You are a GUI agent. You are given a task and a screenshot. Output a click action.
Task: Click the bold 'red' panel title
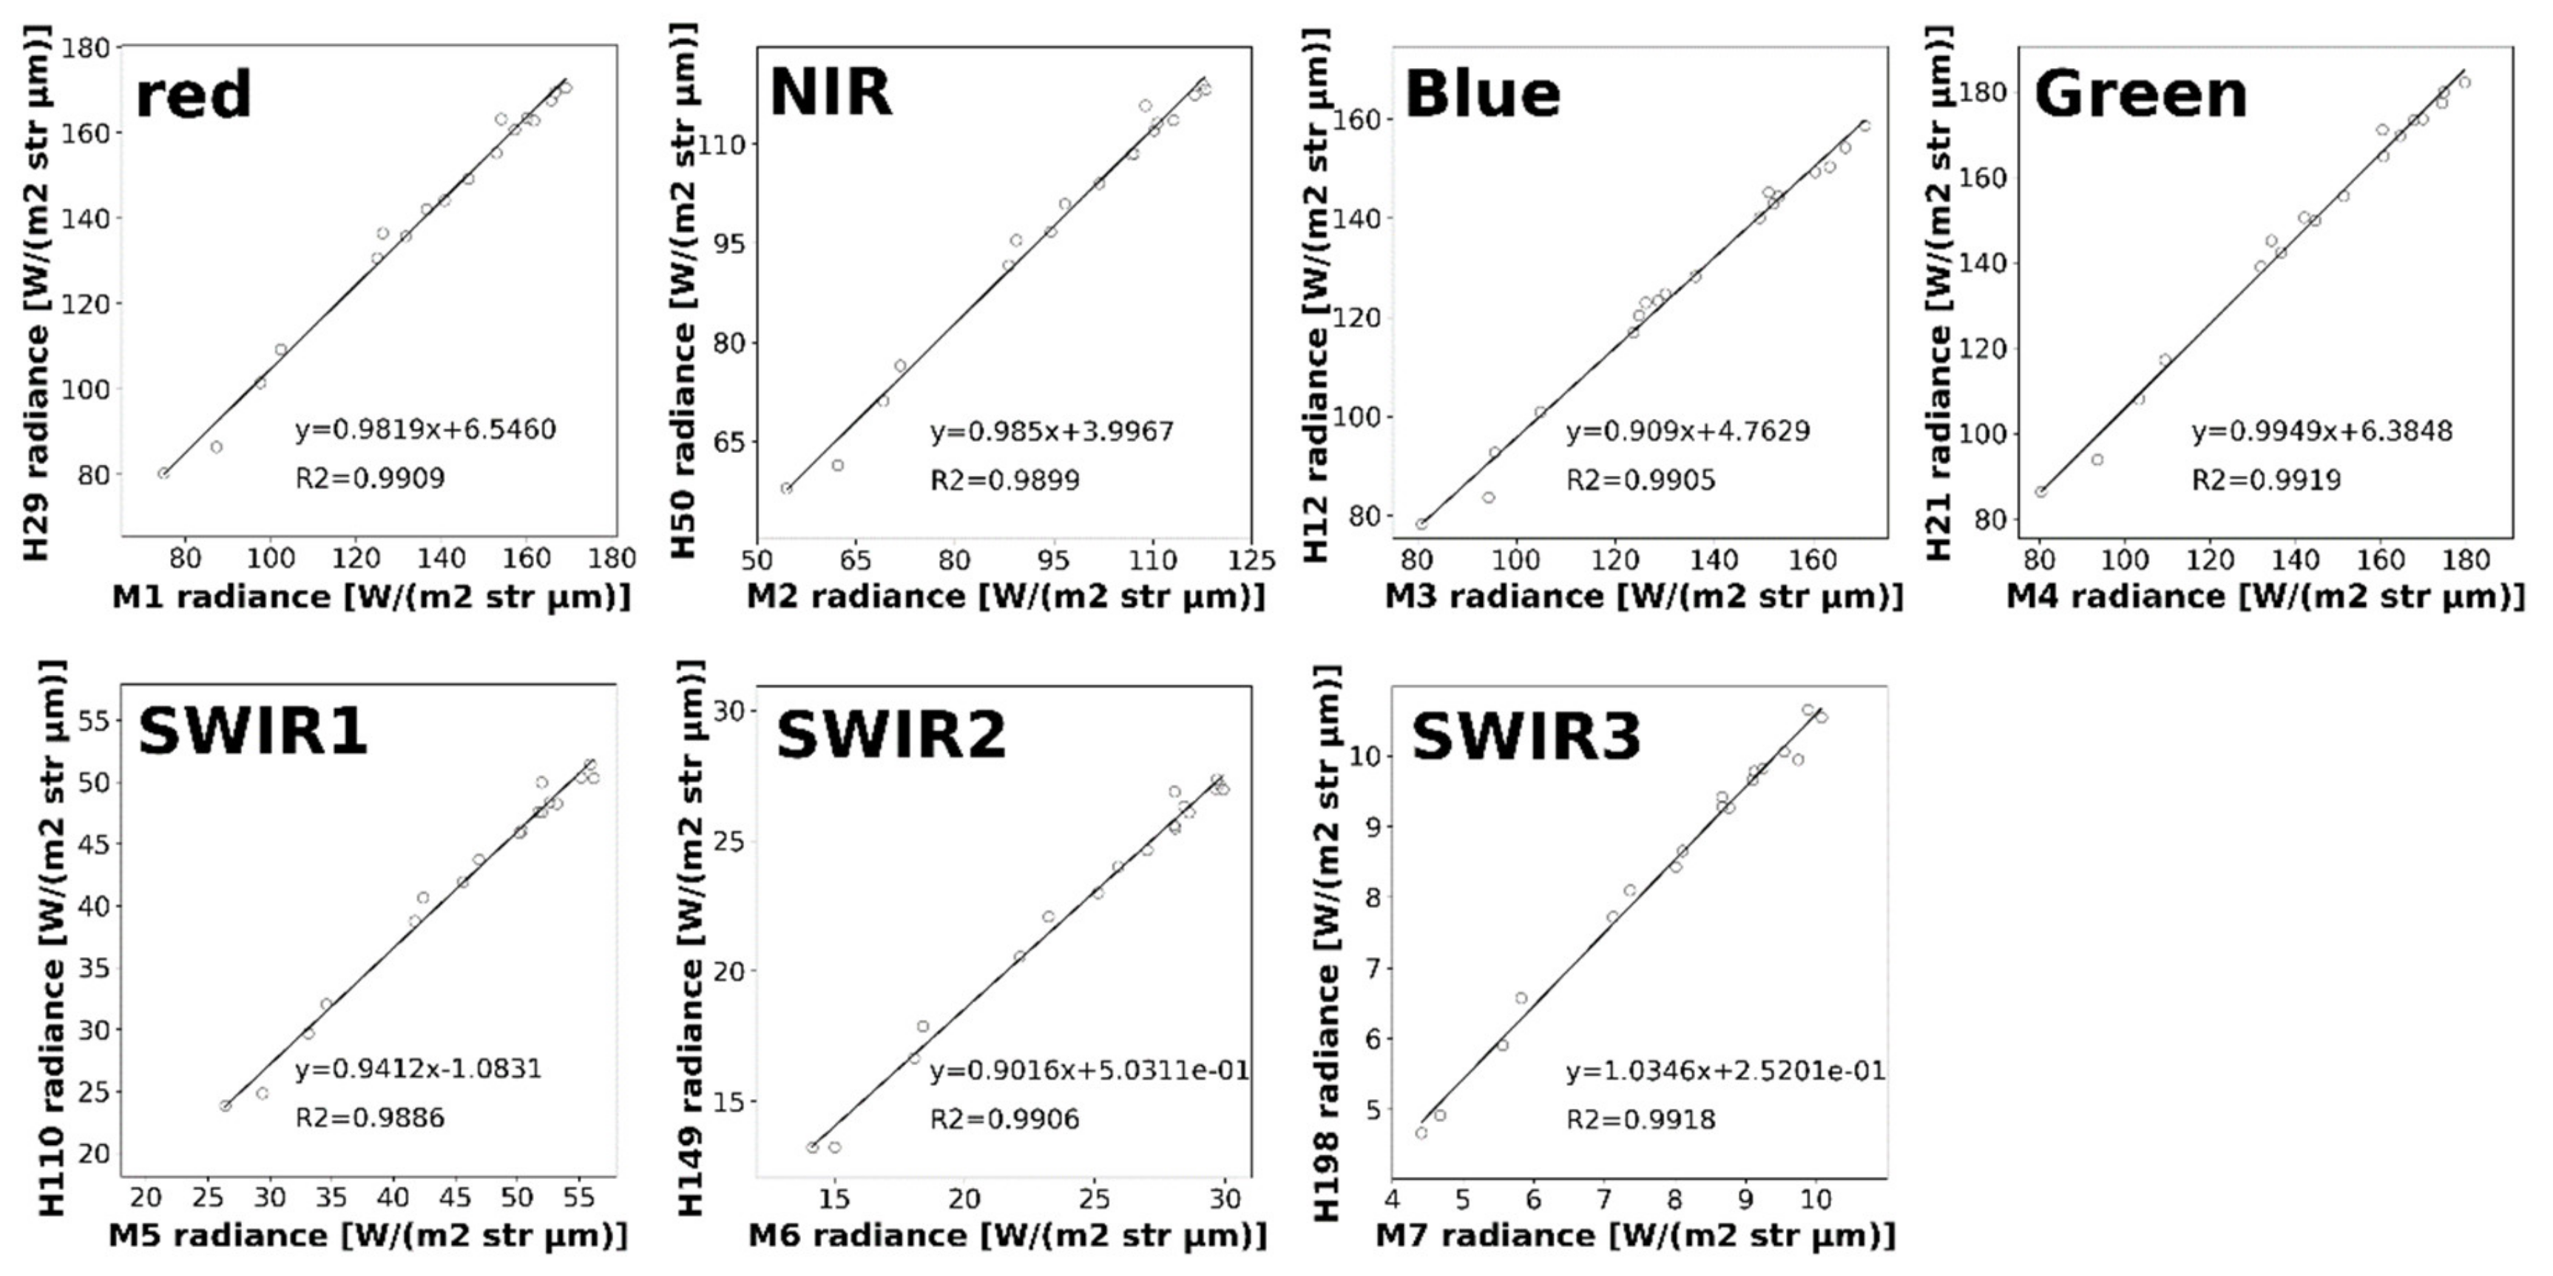[193, 96]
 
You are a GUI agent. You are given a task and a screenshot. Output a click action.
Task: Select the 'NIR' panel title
[831, 93]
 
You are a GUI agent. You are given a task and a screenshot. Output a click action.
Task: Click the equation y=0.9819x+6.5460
[425, 430]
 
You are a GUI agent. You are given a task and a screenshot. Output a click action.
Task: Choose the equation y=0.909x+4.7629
[1687, 432]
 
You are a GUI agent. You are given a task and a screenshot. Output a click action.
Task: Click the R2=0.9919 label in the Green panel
[2265, 481]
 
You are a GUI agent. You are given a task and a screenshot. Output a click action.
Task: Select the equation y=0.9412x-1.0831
[419, 1070]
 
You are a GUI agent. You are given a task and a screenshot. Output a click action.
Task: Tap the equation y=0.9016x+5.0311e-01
[1088, 1071]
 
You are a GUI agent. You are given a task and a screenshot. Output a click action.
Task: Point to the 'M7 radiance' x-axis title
[1635, 1235]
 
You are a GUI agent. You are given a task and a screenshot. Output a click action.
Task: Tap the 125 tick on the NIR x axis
[1251, 560]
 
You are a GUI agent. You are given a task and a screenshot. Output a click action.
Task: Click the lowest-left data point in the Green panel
[2040, 491]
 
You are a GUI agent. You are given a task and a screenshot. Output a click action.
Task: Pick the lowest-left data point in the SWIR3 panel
[1421, 1132]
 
